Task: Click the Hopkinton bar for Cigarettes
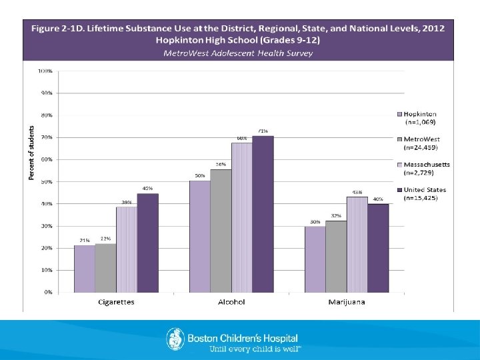tap(84, 269)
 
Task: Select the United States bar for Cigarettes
tap(147, 243)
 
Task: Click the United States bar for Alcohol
tap(263, 214)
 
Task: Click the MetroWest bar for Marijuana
tap(336, 257)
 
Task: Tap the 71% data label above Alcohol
tap(263, 131)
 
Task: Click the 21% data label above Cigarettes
tap(84, 240)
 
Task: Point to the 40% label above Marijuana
tap(378, 199)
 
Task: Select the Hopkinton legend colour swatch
tap(399, 115)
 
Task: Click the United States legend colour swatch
tap(399, 190)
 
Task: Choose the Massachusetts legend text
tap(427, 164)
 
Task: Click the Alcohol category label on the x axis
tap(231, 302)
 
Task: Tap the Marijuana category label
tap(347, 302)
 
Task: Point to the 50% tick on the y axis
tap(46, 181)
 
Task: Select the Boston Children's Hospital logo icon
tap(175, 339)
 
